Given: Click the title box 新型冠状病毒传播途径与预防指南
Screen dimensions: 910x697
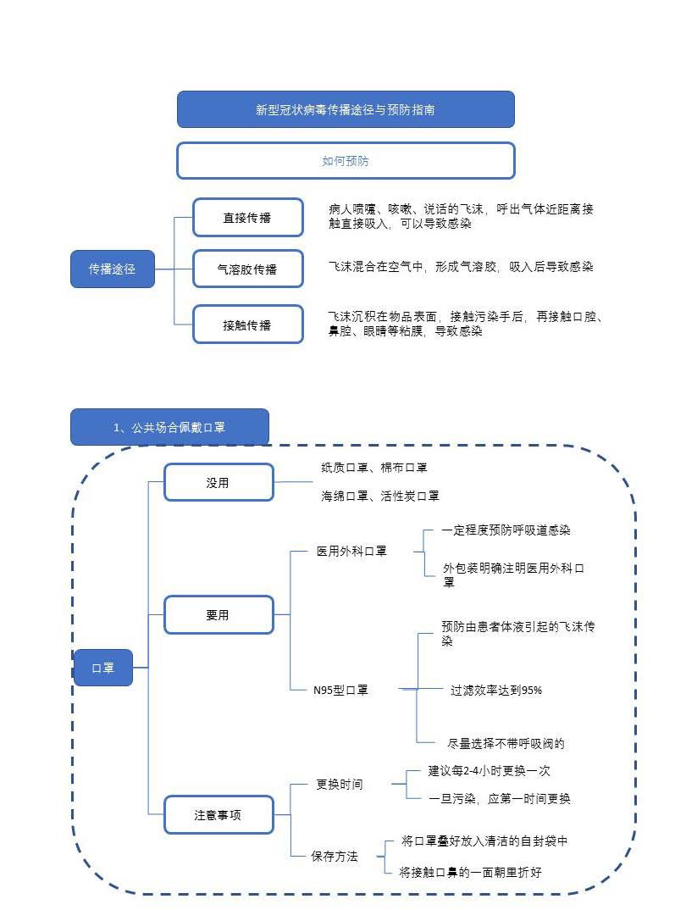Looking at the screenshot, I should [346, 109].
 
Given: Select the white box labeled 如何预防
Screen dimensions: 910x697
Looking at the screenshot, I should [346, 160].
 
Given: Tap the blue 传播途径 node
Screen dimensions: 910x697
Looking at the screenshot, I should [112, 269].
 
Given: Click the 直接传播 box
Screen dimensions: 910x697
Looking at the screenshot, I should [247, 218].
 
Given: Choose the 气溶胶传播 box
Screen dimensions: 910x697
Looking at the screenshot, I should [247, 269].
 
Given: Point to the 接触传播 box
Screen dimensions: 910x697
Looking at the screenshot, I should [247, 325].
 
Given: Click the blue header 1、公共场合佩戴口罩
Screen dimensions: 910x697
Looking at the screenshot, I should [169, 427].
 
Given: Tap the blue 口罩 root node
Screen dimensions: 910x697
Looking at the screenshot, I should [102, 668].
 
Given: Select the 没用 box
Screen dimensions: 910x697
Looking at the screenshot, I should [218, 483].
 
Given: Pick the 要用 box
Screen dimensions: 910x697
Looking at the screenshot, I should [218, 615].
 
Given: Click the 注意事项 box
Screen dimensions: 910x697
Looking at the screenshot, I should [218, 815].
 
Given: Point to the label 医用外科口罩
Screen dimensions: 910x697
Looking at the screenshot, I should [351, 552].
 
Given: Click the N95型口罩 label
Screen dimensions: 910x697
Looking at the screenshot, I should [340, 690].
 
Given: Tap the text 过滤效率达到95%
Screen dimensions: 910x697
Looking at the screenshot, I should [496, 691].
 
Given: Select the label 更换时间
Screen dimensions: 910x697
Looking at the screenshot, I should [340, 785].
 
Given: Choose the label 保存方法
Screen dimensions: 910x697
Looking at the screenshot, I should [335, 856].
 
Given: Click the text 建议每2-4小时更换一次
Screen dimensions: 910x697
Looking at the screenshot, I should [490, 771].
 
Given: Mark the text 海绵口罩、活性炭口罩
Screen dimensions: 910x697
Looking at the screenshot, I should [380, 496].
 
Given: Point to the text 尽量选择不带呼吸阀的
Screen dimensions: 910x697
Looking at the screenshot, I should [506, 744].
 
